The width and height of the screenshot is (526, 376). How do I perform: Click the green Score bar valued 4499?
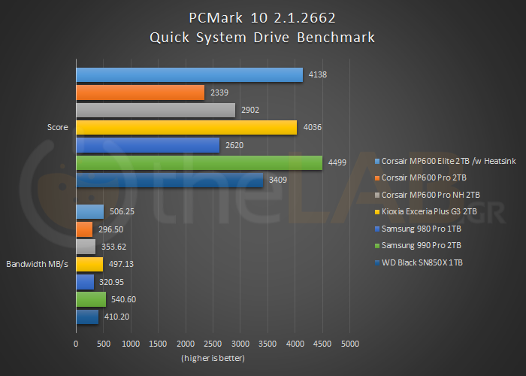[x=198, y=162]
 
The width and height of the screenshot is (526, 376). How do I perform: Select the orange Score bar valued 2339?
[x=140, y=92]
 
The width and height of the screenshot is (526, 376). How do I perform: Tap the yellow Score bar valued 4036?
[x=186, y=128]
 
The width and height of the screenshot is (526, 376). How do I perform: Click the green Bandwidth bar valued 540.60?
[x=90, y=299]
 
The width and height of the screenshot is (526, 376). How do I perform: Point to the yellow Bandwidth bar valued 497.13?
[x=89, y=264]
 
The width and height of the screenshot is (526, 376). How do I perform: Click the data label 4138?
[x=318, y=74]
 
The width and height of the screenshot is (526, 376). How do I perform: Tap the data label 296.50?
[x=110, y=229]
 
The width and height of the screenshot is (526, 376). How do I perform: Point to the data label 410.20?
[x=116, y=317]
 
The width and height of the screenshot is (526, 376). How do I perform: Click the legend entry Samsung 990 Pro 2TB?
[x=422, y=245]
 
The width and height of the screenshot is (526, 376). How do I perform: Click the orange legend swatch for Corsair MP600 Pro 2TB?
[x=376, y=177]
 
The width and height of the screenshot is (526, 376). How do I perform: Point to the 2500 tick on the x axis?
[x=213, y=344]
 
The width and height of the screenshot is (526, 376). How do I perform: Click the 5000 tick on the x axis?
[x=349, y=344]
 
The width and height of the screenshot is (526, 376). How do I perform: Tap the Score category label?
[x=57, y=128]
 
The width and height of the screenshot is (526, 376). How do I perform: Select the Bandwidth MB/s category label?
[x=38, y=264]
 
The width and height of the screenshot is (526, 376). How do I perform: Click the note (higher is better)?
[x=213, y=358]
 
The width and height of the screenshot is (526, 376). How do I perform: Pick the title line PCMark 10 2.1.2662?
[x=262, y=17]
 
